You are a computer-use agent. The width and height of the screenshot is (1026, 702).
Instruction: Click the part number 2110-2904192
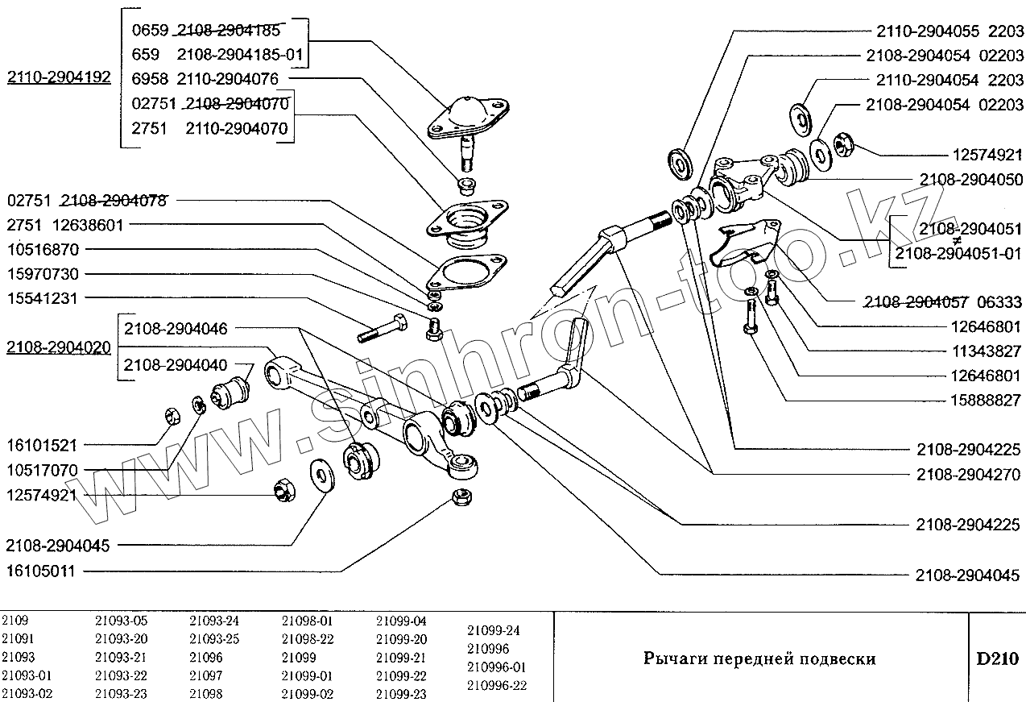tap(59, 77)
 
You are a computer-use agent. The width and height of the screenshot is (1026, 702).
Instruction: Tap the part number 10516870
tap(56, 250)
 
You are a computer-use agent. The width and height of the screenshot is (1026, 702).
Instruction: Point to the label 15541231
tap(56, 297)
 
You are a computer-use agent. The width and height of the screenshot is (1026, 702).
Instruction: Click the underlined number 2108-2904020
tap(59, 347)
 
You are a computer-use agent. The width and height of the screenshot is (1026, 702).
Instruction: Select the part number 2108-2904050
tap(970, 179)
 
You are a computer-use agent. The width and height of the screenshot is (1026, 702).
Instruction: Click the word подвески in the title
tap(837, 658)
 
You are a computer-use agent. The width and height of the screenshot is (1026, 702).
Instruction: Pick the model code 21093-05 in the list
tap(121, 621)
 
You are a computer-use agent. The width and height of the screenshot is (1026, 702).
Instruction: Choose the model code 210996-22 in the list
tap(496, 685)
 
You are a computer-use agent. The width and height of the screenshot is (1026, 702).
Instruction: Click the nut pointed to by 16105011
tap(461, 497)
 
